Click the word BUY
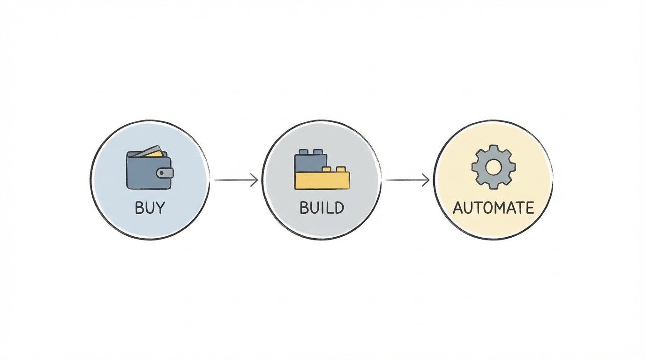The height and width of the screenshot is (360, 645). point(150,208)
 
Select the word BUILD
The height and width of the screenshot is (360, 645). point(322,208)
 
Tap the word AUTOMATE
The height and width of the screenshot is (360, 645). point(493,208)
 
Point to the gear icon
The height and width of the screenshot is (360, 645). point(493,167)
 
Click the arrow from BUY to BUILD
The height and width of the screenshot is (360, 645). point(236,180)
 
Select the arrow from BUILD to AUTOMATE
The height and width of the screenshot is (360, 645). point(407,180)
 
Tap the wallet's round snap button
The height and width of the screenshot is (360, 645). point(162,173)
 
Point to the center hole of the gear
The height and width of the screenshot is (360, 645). point(493,167)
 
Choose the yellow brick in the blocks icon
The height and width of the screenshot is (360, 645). point(322,180)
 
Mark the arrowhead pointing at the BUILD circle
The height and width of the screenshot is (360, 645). point(255,180)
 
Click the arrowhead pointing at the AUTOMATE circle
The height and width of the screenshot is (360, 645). point(427,180)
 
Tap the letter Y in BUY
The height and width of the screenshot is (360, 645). point(160,208)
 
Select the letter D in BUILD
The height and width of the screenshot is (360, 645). point(338,208)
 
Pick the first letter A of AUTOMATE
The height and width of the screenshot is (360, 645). point(458,208)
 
